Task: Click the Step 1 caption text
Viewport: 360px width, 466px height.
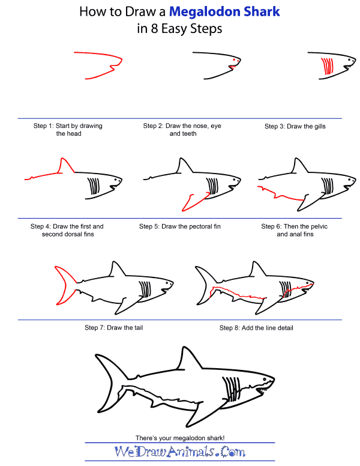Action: [68, 130]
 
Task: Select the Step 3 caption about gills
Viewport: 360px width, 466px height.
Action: [295, 126]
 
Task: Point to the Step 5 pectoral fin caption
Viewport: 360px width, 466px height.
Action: [180, 226]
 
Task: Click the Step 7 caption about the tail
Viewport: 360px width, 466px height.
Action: [113, 328]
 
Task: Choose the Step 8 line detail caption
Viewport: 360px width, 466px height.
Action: [256, 328]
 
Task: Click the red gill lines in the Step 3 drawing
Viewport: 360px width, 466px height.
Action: [328, 65]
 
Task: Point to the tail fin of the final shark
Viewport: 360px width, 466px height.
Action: [108, 384]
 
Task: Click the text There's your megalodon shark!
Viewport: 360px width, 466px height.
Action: [180, 437]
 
